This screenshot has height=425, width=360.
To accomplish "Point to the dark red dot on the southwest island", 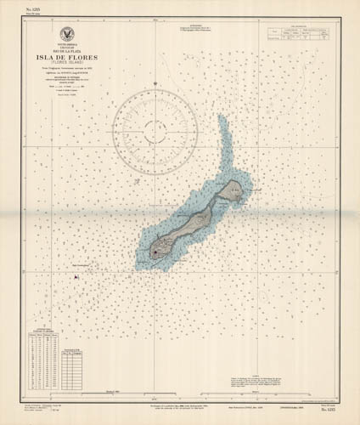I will click(155, 251).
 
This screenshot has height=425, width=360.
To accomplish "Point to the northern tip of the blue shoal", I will click(222, 119).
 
